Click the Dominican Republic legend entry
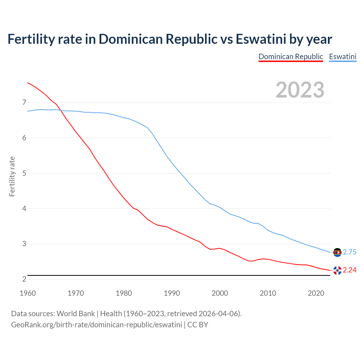point(291,57)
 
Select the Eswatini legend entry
point(343,57)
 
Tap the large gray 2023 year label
point(300,90)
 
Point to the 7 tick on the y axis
point(24,102)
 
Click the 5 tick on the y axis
point(24,173)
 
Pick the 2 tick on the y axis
point(24,279)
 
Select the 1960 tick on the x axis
point(28,293)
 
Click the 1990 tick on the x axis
point(172,293)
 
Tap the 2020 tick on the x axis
point(316,293)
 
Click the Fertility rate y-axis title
point(12,176)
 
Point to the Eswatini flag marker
point(337,252)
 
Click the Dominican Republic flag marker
point(337,270)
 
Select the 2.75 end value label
point(349,252)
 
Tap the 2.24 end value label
point(349,270)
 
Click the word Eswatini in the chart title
point(261,39)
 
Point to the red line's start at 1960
point(28,83)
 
